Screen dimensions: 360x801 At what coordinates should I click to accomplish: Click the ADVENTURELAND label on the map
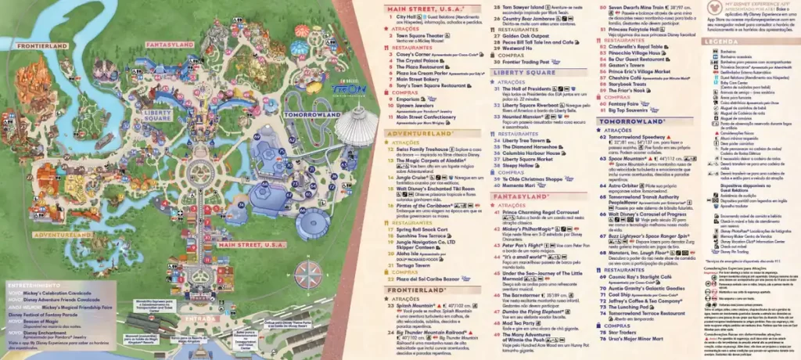[36, 234]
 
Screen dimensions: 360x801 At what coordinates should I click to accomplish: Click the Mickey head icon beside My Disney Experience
[711, 7]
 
